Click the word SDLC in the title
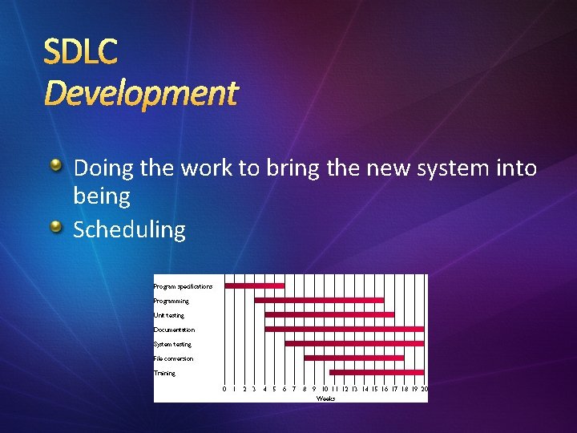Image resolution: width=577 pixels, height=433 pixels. [80, 51]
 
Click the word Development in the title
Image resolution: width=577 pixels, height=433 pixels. [141, 94]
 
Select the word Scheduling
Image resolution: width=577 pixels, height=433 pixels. [129, 230]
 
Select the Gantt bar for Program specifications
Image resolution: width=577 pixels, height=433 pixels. [255, 285]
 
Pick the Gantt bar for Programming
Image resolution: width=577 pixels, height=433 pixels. [319, 300]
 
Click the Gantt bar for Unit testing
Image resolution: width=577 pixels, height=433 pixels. [329, 314]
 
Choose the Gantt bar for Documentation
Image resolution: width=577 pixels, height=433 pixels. [344, 329]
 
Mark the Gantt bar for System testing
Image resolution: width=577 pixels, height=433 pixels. [354, 343]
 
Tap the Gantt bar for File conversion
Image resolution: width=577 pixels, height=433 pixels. [342, 358]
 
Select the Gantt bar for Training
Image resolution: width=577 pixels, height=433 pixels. [377, 372]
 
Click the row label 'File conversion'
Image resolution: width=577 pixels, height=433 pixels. [174, 358]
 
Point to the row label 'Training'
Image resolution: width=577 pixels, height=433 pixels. [165, 373]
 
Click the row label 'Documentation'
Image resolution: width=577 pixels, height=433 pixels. [175, 330]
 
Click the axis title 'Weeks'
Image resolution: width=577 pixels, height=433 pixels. [325, 398]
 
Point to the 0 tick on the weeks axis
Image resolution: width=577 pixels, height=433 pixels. [224, 389]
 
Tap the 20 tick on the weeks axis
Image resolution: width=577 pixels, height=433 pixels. [424, 389]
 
